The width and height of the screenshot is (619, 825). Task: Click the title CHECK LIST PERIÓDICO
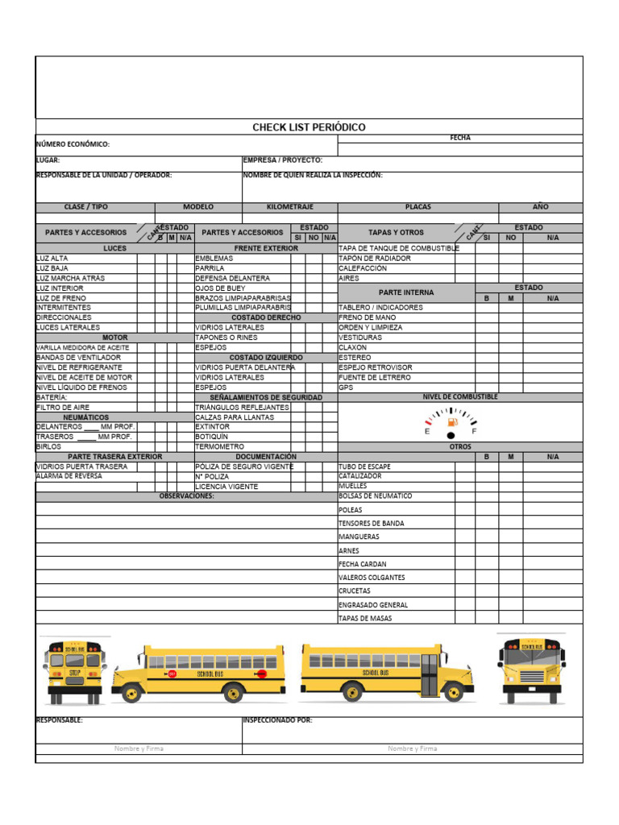(309, 127)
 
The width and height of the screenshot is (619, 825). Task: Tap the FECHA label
(460, 138)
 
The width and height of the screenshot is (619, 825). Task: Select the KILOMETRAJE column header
(289, 207)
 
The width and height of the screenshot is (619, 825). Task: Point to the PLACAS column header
(418, 207)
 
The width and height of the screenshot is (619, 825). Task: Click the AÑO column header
(540, 207)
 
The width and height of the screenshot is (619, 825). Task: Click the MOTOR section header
(115, 338)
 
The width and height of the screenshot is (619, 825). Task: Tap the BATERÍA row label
(52, 397)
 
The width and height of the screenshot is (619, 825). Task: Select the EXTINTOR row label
(212, 427)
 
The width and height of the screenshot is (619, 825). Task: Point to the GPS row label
(346, 388)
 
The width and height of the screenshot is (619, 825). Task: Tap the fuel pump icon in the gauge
(452, 421)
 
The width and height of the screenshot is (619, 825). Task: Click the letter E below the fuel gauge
(427, 432)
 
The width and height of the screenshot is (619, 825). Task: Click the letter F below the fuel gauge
(474, 432)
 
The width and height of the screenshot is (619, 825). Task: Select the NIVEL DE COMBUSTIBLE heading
(459, 397)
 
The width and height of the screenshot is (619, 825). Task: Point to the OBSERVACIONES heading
(186, 496)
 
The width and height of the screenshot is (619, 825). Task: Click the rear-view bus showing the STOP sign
(73, 668)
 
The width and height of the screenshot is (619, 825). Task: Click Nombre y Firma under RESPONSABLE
(139, 748)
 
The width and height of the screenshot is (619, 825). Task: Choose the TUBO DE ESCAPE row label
(364, 466)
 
